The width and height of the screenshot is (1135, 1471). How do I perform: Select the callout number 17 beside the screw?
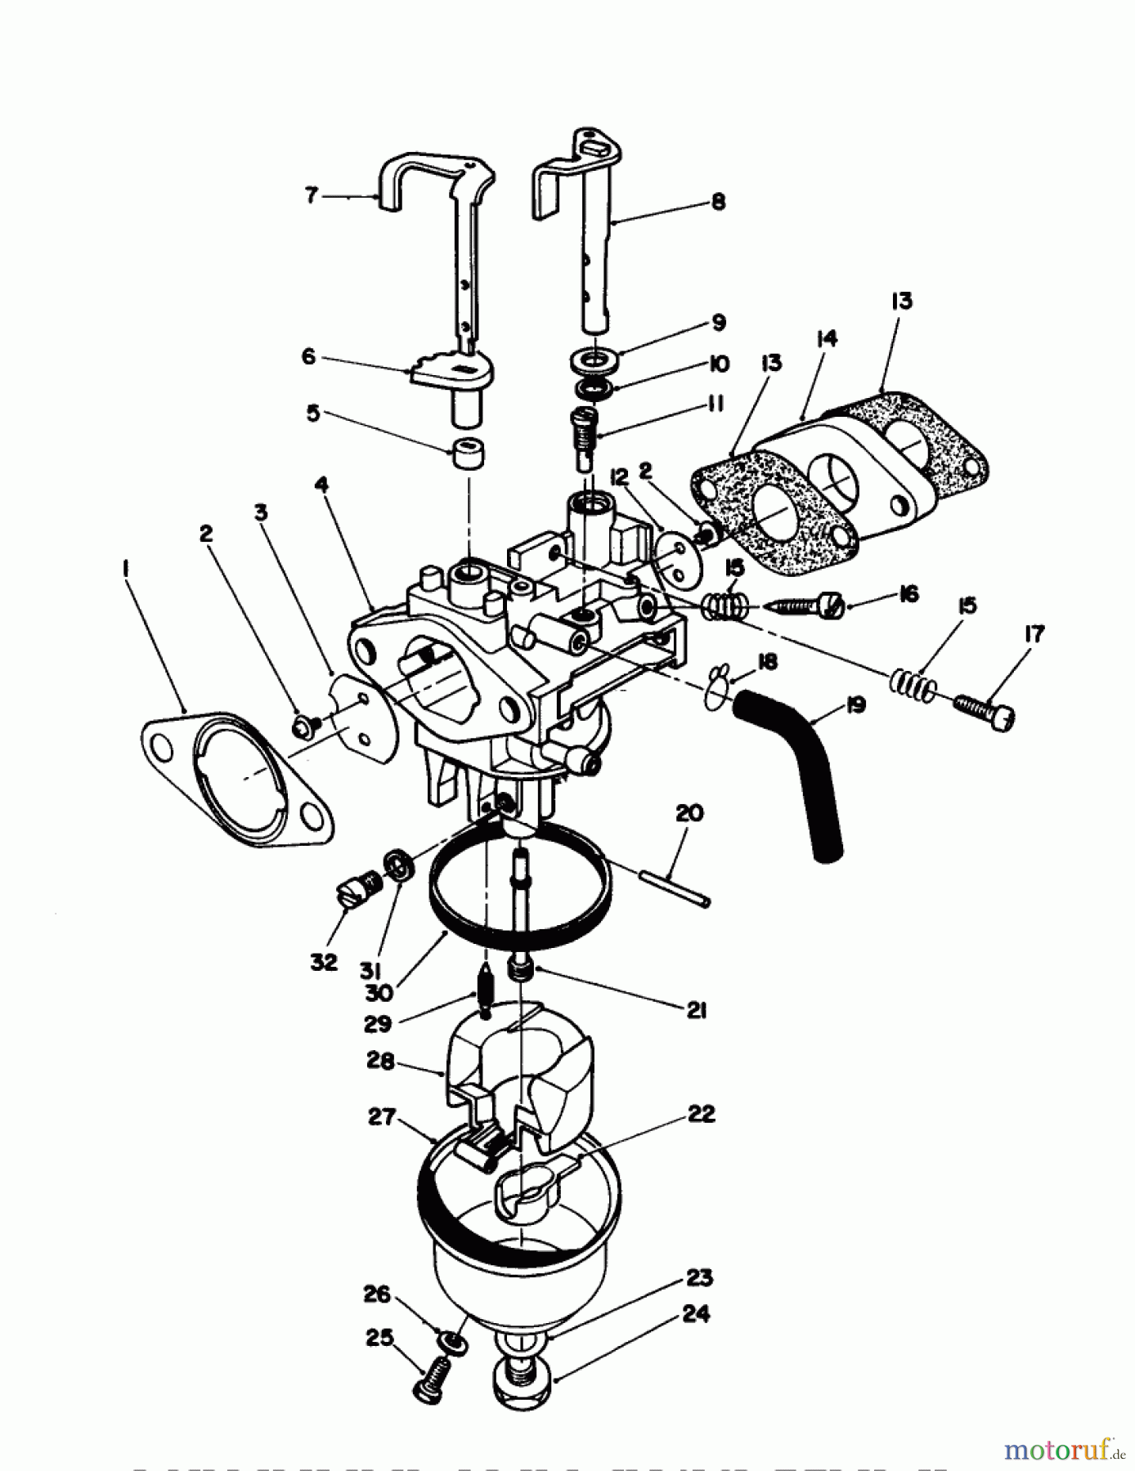[x=1034, y=633]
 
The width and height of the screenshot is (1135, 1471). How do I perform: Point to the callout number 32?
[x=324, y=962]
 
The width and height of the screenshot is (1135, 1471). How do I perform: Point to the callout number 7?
[x=311, y=196]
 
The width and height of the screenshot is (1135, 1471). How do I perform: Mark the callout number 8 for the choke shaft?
[x=718, y=201]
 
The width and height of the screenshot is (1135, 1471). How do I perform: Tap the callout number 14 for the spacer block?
[x=827, y=338]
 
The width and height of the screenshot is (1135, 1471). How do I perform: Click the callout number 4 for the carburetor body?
[x=321, y=485]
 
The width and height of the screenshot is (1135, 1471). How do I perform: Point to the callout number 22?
[x=702, y=1114]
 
